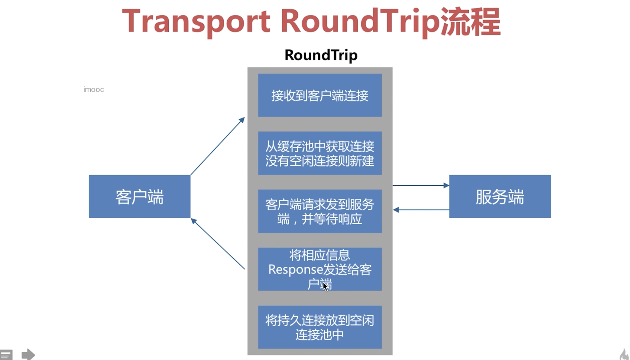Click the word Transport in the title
click(x=196, y=22)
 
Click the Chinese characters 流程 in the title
click(x=471, y=22)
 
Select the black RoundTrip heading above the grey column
click(x=321, y=55)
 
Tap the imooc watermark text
click(x=94, y=89)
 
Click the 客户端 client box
click(x=140, y=196)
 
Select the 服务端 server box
click(x=500, y=196)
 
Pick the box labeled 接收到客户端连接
click(x=320, y=95)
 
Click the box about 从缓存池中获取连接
click(x=320, y=147)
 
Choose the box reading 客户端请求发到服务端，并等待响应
click(x=320, y=211)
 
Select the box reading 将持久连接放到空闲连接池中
click(x=320, y=327)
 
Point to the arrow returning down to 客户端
click(x=218, y=244)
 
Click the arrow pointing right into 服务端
click(x=421, y=185)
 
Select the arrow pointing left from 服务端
click(x=421, y=210)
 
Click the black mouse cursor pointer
click(x=325, y=286)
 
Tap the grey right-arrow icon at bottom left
click(x=28, y=355)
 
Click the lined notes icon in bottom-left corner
click(x=6, y=355)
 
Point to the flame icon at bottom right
click(x=624, y=355)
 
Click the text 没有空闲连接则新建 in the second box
click(x=320, y=161)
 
